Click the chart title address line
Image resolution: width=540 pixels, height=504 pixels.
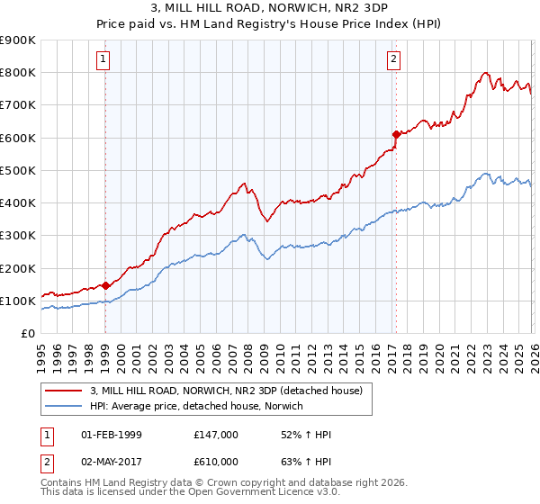pos(270,9)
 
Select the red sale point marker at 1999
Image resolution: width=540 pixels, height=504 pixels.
pos(105,285)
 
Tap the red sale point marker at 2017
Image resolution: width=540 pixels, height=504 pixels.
pos(395,134)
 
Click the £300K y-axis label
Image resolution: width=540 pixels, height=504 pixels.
pos(19,236)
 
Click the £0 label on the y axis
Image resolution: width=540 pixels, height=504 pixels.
pos(27,334)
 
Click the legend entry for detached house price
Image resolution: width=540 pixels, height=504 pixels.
pos(225,391)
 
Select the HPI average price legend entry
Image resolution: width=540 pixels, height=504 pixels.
pos(196,406)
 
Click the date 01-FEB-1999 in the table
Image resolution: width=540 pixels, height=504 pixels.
pos(112,435)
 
